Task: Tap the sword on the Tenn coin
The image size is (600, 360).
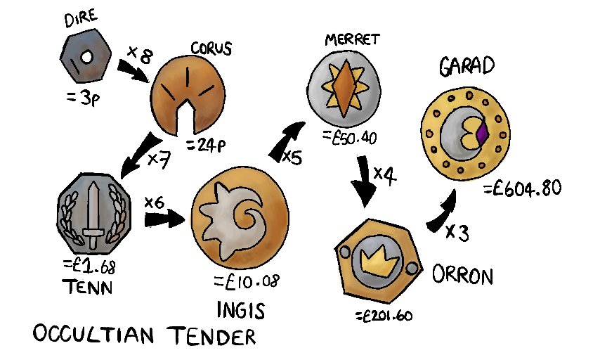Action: [93, 210]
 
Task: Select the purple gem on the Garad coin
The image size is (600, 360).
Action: [482, 132]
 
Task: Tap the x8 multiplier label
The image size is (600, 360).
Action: [139, 54]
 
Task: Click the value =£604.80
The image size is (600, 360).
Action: [522, 189]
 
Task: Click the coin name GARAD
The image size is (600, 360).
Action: [467, 67]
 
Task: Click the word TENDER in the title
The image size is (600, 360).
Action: [211, 336]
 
